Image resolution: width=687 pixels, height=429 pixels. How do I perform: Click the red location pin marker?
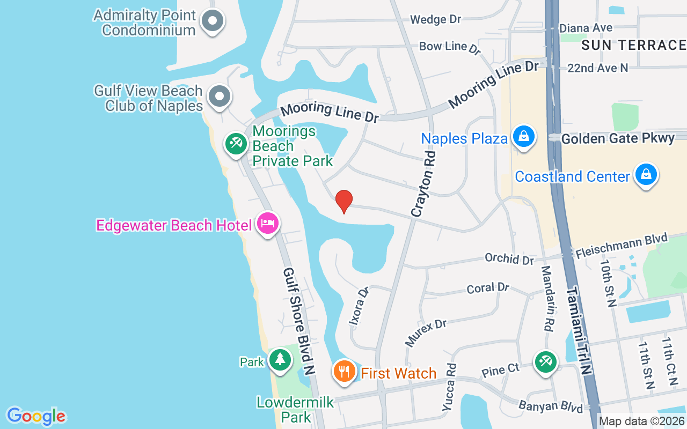click(343, 202)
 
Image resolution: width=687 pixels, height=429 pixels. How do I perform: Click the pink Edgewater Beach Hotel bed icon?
click(267, 223)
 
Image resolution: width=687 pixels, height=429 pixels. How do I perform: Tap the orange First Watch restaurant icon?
click(344, 371)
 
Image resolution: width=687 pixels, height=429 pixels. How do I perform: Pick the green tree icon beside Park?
click(280, 359)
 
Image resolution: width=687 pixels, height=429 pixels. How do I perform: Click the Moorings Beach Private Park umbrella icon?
click(235, 144)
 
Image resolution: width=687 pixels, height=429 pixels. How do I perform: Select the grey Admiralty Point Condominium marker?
click(212, 21)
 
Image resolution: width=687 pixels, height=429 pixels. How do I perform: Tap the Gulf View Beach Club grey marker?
click(218, 97)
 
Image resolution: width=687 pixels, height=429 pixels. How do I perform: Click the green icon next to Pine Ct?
click(545, 361)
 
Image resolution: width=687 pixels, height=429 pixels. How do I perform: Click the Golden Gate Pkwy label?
click(618, 139)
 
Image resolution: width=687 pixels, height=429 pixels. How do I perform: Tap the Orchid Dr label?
click(509, 258)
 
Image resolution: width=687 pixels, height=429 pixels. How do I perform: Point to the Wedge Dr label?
click(435, 20)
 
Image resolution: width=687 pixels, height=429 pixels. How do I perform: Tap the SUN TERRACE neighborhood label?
click(633, 45)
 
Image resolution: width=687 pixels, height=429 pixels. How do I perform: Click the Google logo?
click(36, 416)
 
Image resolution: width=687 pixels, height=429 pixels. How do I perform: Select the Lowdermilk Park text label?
click(295, 409)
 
